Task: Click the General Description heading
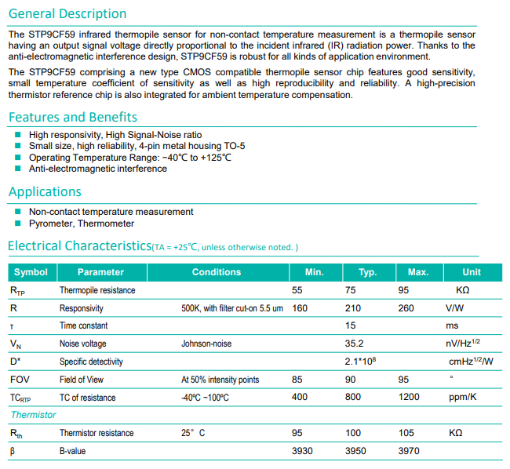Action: pyautogui.click(x=67, y=14)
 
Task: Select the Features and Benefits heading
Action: pyautogui.click(x=73, y=117)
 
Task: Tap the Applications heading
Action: pyautogui.click(x=46, y=191)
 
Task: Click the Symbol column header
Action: pyautogui.click(x=31, y=272)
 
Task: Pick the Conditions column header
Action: pyautogui.click(x=217, y=272)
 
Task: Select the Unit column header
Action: pyautogui.click(x=472, y=272)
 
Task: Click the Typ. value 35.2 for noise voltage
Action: pyautogui.click(x=355, y=344)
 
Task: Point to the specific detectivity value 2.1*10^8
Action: pyautogui.click(x=362, y=361)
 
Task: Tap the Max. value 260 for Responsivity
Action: pyautogui.click(x=406, y=308)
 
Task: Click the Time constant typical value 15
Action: pyautogui.click(x=351, y=325)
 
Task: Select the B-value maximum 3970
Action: pyautogui.click(x=410, y=451)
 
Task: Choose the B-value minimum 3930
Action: pyautogui.click(x=303, y=451)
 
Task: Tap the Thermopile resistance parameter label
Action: pyautogui.click(x=97, y=290)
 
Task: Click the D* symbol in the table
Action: pyautogui.click(x=15, y=362)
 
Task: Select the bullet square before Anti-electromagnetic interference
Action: pyautogui.click(x=18, y=169)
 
